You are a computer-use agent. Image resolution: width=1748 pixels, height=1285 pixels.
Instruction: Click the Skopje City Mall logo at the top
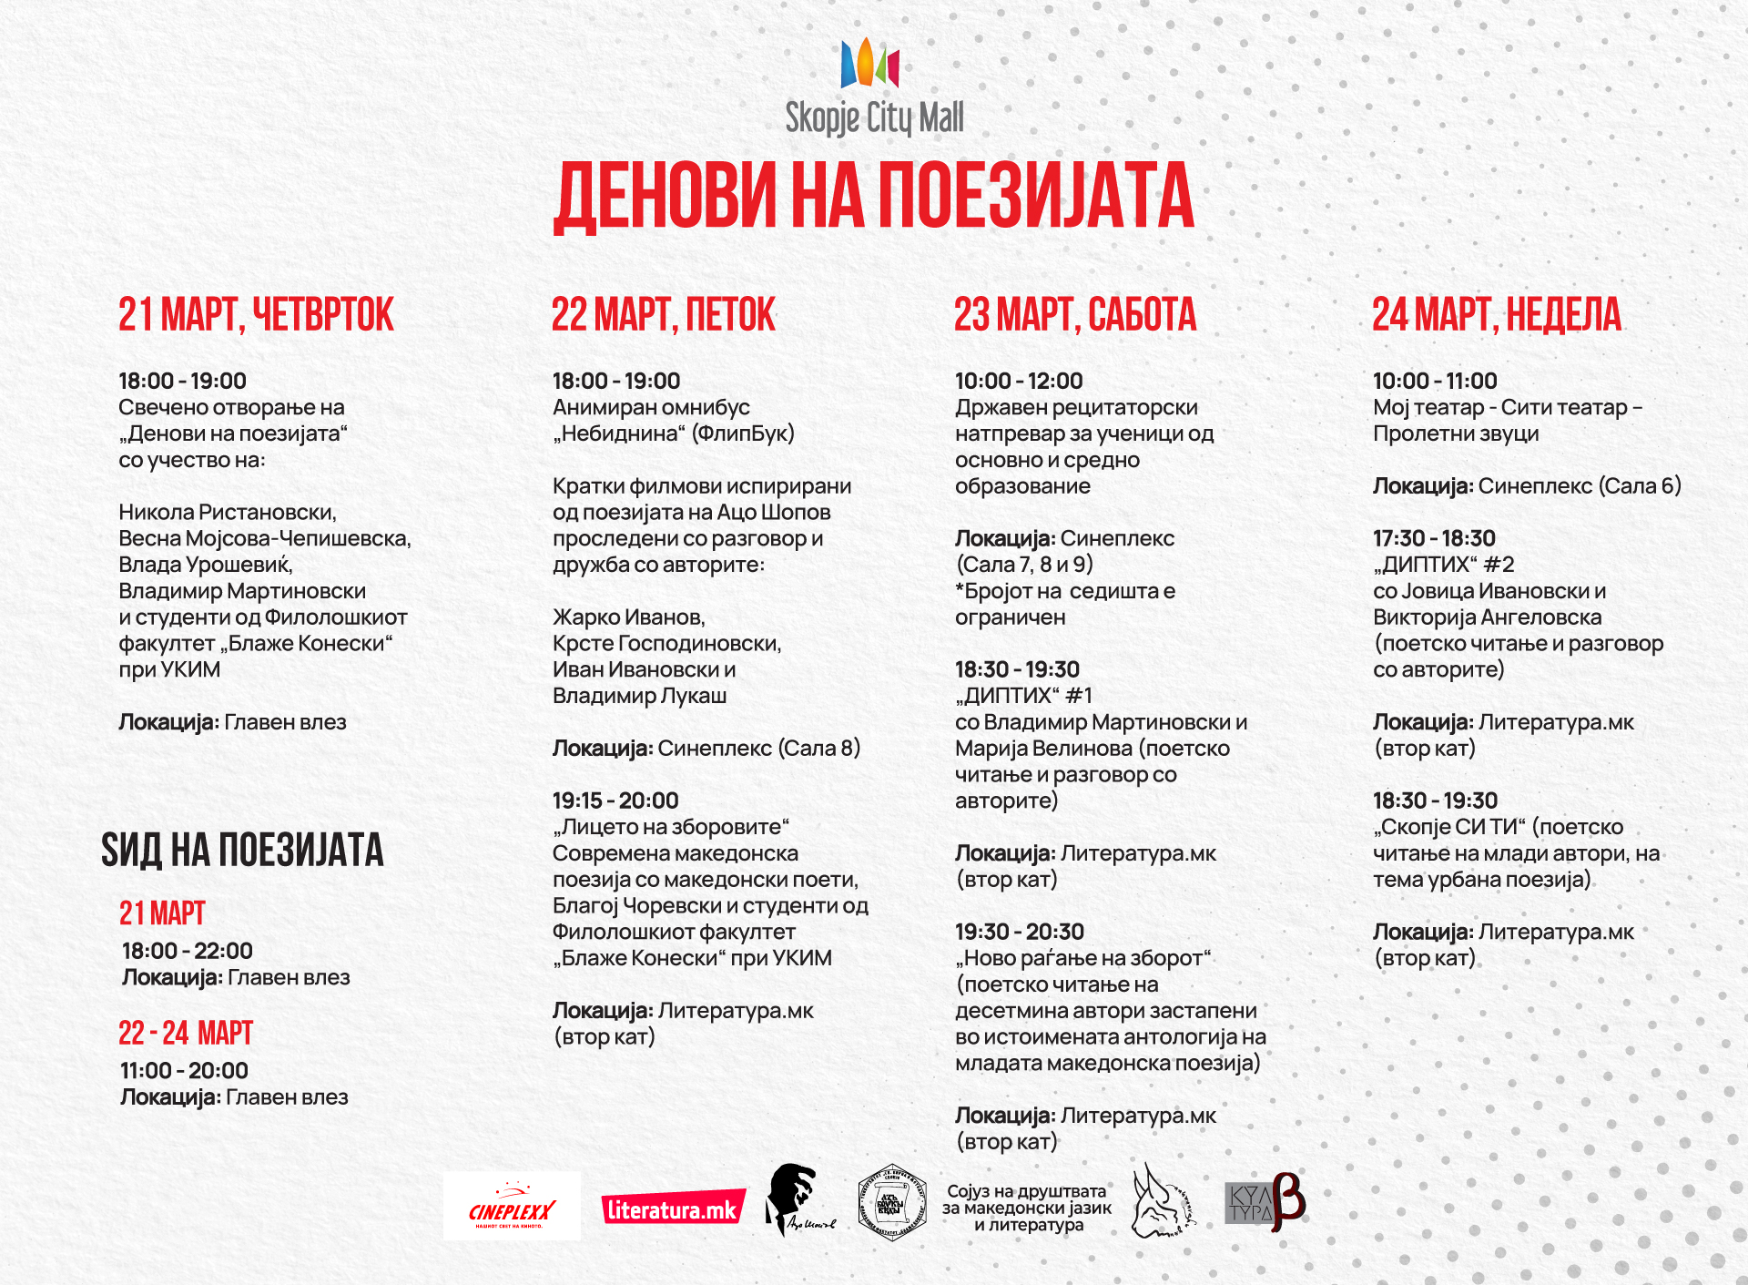point(874,87)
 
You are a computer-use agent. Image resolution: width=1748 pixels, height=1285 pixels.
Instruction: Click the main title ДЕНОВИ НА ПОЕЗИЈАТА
point(874,196)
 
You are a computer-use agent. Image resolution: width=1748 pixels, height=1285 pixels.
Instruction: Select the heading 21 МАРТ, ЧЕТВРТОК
point(256,315)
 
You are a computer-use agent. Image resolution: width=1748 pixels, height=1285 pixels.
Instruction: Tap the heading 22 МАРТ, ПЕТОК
point(663,315)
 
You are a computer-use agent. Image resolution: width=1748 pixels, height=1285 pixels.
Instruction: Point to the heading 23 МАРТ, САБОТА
point(1075,315)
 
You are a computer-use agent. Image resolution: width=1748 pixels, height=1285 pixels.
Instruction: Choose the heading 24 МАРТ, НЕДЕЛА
point(1497,315)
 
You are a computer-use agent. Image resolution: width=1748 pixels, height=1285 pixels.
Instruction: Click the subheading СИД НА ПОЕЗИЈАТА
point(242,851)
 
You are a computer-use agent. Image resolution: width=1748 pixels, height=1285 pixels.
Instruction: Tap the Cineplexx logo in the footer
point(512,1208)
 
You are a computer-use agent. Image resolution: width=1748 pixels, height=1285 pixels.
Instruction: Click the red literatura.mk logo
point(673,1209)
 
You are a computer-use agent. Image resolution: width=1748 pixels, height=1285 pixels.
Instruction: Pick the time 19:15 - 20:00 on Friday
point(615,801)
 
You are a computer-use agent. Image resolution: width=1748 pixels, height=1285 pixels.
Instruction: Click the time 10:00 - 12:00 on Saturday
point(1019,381)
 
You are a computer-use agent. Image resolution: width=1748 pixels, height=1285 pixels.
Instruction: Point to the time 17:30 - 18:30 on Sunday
point(1434,538)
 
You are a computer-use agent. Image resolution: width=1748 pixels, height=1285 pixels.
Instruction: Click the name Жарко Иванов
point(629,617)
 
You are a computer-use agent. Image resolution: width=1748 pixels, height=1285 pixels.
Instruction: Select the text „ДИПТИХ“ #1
point(1023,696)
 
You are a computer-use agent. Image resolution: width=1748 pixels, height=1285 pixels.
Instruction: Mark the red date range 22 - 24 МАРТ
point(186,1034)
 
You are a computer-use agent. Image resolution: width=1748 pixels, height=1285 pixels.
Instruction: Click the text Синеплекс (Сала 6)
point(1580,485)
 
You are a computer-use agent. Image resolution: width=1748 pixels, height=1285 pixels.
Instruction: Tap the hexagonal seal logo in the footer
point(892,1202)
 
